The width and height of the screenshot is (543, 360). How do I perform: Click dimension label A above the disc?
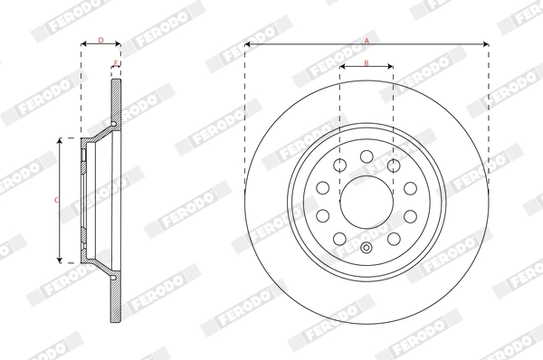(x=367, y=40)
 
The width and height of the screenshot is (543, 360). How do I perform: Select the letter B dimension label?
(x=366, y=62)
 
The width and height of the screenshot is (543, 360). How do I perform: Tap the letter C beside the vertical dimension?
(x=55, y=199)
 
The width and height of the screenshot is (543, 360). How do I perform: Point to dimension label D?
(x=100, y=40)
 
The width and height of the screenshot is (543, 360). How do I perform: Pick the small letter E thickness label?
(x=116, y=62)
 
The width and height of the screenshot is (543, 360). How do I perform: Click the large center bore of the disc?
(x=367, y=200)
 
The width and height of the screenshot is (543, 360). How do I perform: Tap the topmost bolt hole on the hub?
(x=367, y=156)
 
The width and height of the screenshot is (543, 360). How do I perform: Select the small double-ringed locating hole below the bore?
(x=367, y=250)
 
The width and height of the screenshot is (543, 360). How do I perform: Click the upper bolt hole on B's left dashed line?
(x=340, y=166)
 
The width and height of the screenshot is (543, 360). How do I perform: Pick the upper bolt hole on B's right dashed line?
(x=393, y=166)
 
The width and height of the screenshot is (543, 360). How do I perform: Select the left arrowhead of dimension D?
(x=83, y=43)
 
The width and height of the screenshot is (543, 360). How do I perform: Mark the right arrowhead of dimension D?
(x=119, y=43)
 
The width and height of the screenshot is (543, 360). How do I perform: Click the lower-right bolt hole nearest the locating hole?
(x=394, y=237)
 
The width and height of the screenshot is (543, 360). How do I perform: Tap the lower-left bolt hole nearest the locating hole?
(x=340, y=237)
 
